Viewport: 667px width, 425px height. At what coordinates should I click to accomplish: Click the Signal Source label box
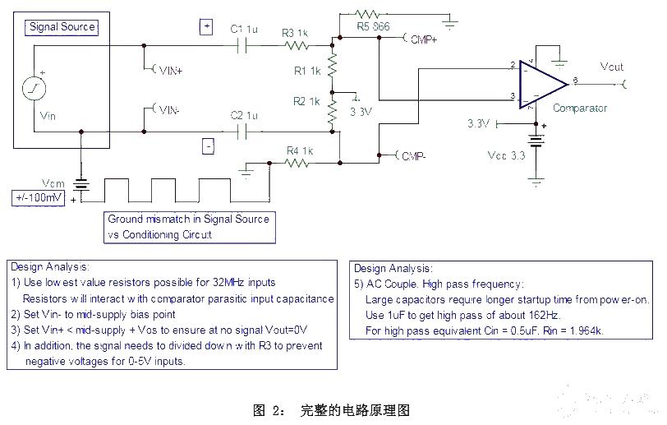[x=62, y=27]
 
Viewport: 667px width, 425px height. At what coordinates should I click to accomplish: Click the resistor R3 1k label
[x=294, y=33]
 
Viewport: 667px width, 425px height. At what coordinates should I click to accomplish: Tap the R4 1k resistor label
[x=300, y=150]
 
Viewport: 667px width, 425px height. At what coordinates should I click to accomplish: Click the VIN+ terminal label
[x=170, y=71]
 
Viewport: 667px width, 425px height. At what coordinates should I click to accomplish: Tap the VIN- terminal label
[x=168, y=109]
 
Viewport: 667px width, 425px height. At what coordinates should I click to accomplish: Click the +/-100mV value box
[x=37, y=198]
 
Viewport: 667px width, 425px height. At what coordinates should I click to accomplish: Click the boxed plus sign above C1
[x=206, y=27]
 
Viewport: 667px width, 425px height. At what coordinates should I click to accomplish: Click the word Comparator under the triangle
[x=580, y=108]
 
